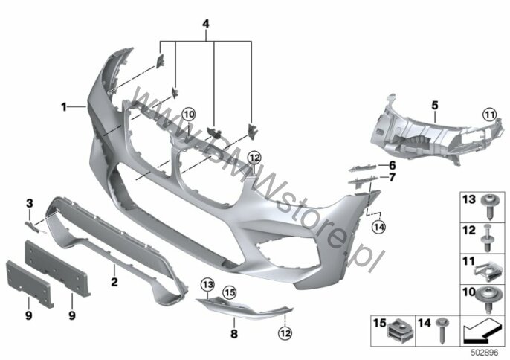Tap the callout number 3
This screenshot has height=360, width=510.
[x=30, y=203]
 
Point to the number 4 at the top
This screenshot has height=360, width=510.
[x=206, y=25]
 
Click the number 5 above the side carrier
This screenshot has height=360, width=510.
[x=435, y=106]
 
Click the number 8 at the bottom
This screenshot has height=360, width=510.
[x=233, y=335]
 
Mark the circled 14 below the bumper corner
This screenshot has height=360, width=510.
[x=378, y=226]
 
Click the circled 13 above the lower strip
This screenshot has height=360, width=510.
[x=207, y=286]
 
